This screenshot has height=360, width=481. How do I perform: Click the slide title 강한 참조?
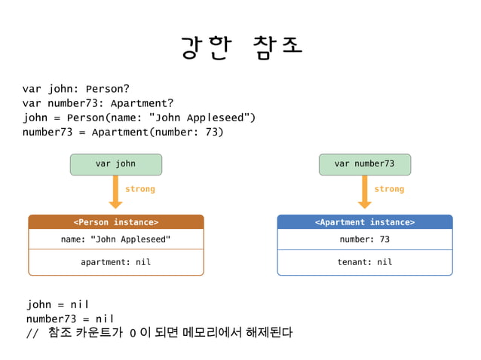[241, 46]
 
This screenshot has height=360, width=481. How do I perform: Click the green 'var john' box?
[115, 164]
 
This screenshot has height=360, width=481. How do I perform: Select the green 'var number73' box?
[364, 164]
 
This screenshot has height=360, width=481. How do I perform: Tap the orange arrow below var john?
[115, 191]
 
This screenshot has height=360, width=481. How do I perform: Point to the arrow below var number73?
[364, 191]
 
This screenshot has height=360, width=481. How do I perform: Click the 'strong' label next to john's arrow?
[139, 189]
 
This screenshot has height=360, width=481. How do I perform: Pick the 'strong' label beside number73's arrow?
[389, 189]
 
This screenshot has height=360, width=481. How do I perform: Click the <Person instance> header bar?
[115, 222]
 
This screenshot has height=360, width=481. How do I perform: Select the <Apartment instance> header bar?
[364, 222]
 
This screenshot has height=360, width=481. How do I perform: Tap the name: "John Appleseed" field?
[115, 239]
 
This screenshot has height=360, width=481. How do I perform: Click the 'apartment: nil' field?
[115, 262]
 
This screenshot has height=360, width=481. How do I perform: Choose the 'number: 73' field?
[364, 239]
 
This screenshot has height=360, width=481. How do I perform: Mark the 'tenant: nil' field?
[364, 262]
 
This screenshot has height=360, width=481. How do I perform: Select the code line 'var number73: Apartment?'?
[98, 102]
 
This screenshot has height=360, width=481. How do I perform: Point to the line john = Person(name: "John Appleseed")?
[139, 117]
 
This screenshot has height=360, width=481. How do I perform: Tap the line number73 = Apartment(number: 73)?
[123, 133]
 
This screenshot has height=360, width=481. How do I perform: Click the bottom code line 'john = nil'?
[58, 304]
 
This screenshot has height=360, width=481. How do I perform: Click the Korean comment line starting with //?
[159, 333]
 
